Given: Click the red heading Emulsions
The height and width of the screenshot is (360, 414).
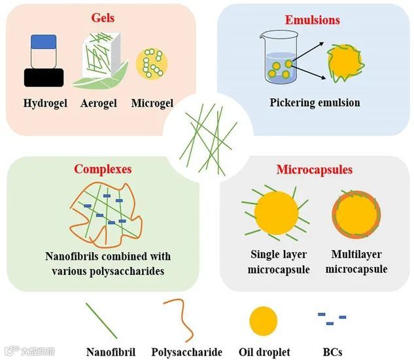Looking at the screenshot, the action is (x=312, y=20).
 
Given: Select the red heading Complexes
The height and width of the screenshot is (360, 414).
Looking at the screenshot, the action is (x=103, y=169).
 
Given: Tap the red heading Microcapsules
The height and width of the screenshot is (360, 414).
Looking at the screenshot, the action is (x=314, y=170).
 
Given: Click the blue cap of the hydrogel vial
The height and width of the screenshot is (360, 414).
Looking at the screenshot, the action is (x=45, y=43).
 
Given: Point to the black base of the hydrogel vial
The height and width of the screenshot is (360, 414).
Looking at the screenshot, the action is (x=44, y=77).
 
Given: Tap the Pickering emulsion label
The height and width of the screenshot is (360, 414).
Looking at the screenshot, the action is (x=315, y=103).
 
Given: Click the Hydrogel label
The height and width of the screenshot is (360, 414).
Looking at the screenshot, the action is (x=45, y=103).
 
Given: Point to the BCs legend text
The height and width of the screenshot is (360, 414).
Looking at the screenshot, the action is (x=332, y=352).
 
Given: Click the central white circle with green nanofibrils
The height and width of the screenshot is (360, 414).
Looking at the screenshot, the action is (x=207, y=134).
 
